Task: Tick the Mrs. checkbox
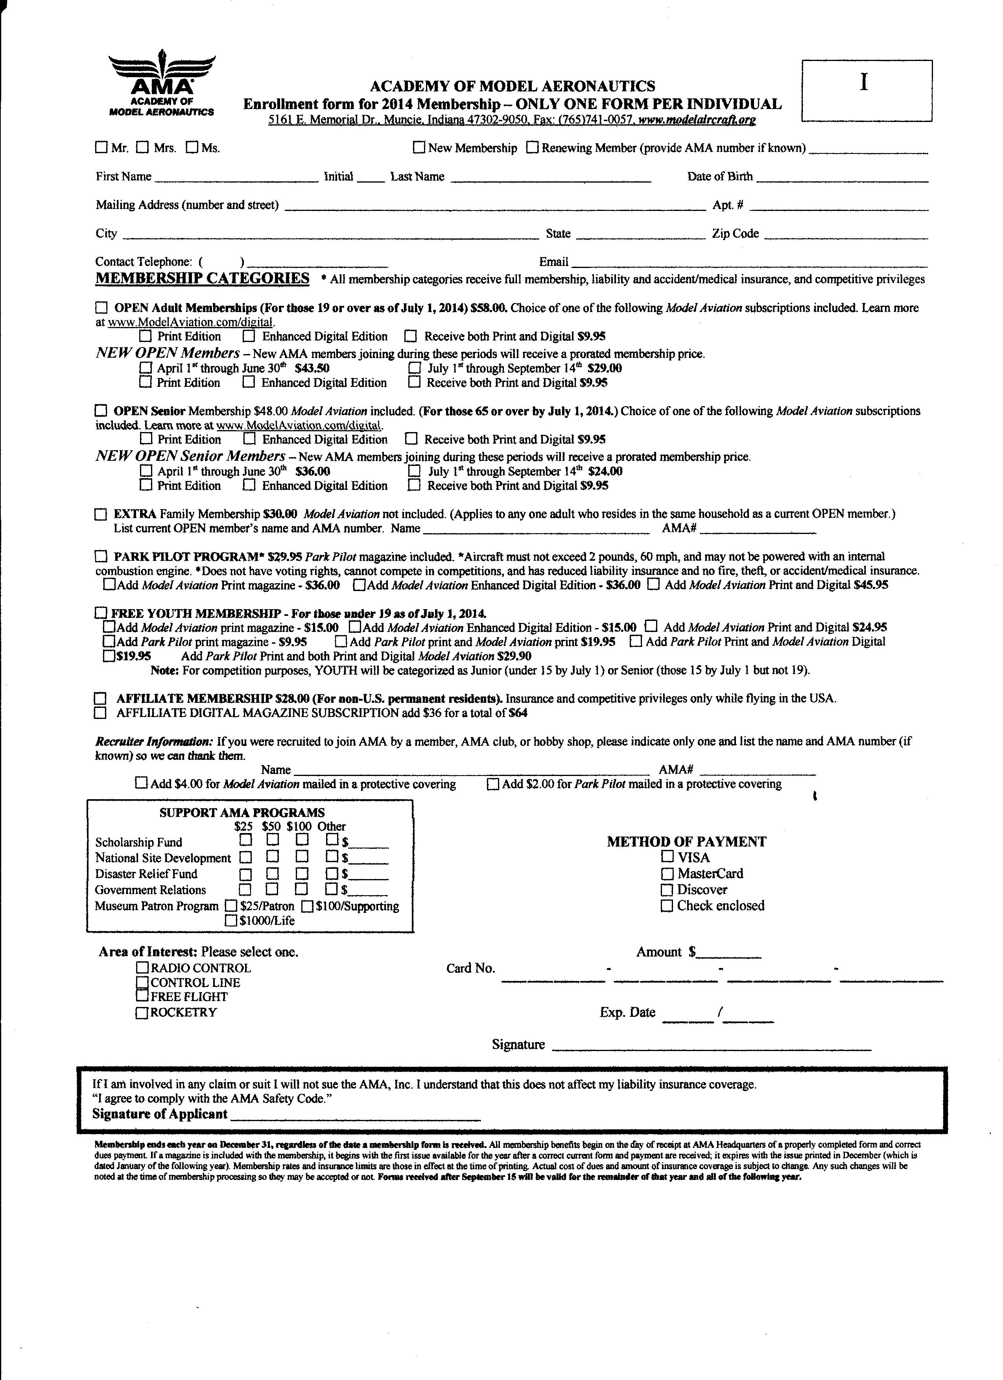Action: click(142, 147)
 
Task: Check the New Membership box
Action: click(419, 147)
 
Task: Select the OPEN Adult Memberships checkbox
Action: click(101, 308)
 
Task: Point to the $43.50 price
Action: click(312, 368)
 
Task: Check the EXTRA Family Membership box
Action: click(100, 515)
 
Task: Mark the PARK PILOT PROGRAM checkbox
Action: click(100, 557)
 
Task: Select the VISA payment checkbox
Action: click(668, 857)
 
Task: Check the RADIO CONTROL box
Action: click(142, 968)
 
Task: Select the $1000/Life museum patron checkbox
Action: click(231, 921)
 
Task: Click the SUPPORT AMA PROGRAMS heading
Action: click(242, 813)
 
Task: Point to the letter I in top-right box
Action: click(864, 82)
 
